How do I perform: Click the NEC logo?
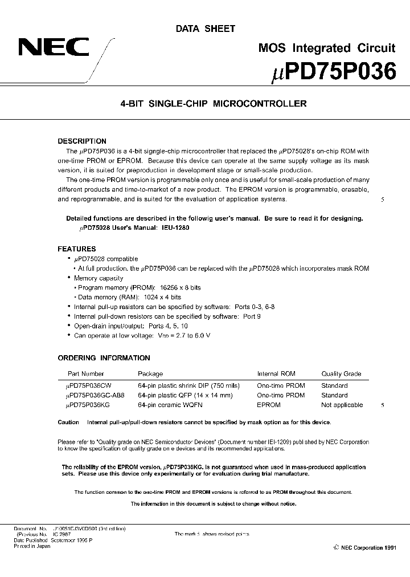tap(54, 47)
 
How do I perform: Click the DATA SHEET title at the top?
tap(205, 29)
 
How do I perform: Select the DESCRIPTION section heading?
tap(82, 141)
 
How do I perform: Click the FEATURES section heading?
tap(77, 249)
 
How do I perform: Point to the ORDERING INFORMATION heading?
tap(104, 358)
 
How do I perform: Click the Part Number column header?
tap(86, 374)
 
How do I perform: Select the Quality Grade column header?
tap(341, 374)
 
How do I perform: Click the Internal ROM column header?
tap(276, 374)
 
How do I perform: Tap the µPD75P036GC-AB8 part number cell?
tap(95, 395)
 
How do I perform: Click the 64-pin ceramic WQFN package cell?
tap(170, 405)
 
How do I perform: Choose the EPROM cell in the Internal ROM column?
tap(269, 405)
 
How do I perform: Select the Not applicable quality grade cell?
tap(342, 405)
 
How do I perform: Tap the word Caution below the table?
tap(68, 422)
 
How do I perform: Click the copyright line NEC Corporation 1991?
tap(364, 547)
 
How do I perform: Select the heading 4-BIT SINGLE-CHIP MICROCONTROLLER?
tap(205, 104)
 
